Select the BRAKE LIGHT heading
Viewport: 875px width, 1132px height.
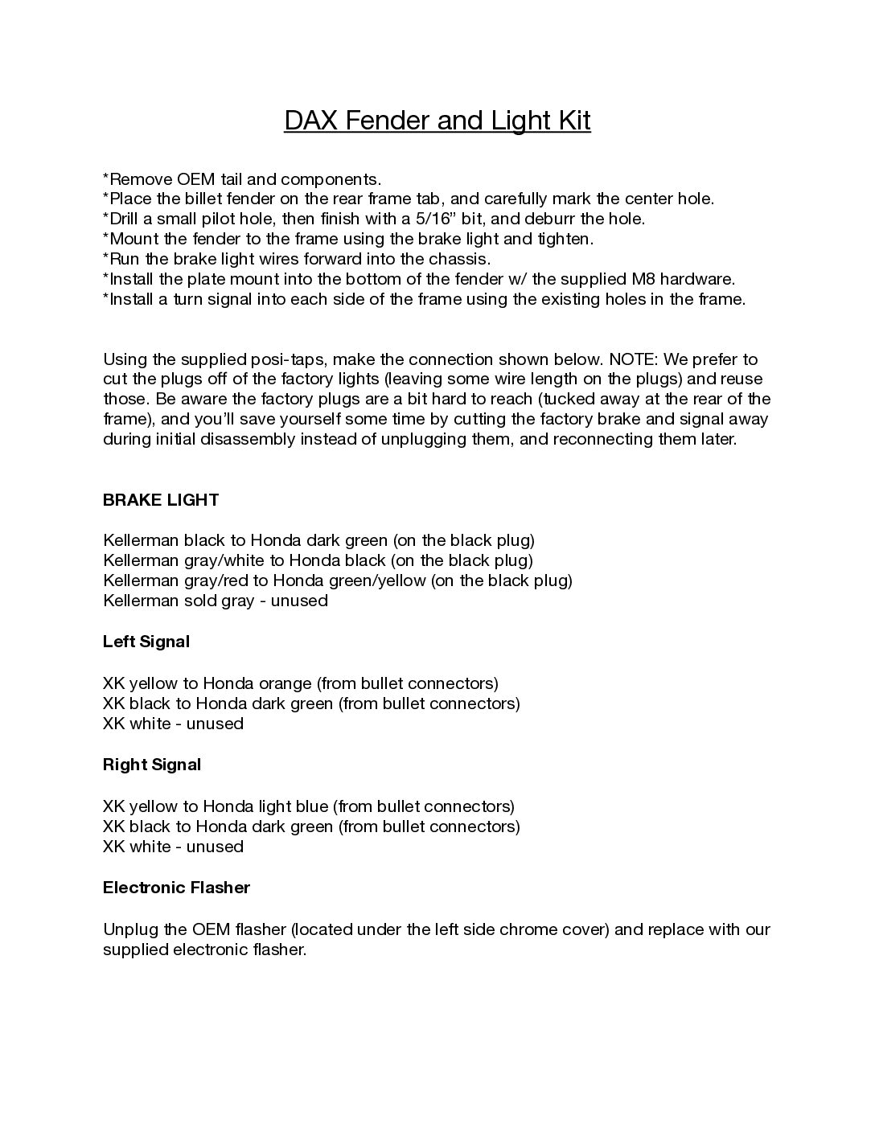coord(161,500)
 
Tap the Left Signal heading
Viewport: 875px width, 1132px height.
coord(146,642)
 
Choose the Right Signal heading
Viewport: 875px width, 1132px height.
coord(152,765)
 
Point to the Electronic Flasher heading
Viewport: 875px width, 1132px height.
coord(176,888)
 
